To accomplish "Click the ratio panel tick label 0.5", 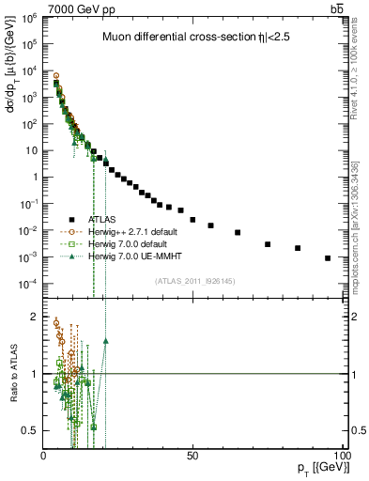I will pos(31,430).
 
